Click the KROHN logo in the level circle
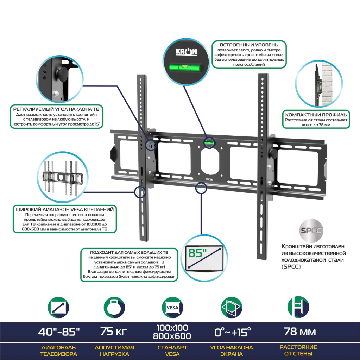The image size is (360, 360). coord(187,52)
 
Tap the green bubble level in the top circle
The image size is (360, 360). coord(186,67)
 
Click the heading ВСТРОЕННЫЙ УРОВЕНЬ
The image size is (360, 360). coord(249,45)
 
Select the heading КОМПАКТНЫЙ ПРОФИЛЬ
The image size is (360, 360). coord(316,115)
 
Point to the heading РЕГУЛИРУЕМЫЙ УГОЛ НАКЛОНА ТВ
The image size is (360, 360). coord(56,109)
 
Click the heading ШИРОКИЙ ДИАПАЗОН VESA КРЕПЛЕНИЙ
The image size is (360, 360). coord(65,210)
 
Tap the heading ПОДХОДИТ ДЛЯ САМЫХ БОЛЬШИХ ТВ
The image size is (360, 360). coord(129,252)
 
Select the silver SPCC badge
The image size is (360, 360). coord(311,230)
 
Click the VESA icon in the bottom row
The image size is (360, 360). coord(172,307)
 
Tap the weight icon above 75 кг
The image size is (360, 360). coord(114,308)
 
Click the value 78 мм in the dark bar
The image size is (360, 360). coord(300,332)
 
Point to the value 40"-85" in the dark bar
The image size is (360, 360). coord(59,332)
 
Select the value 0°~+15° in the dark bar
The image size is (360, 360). coord(232,332)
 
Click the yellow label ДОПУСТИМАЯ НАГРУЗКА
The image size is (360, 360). coord(114,351)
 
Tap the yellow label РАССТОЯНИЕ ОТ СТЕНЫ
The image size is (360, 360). coord(298,351)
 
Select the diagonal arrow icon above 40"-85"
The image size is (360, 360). coord(58,308)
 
